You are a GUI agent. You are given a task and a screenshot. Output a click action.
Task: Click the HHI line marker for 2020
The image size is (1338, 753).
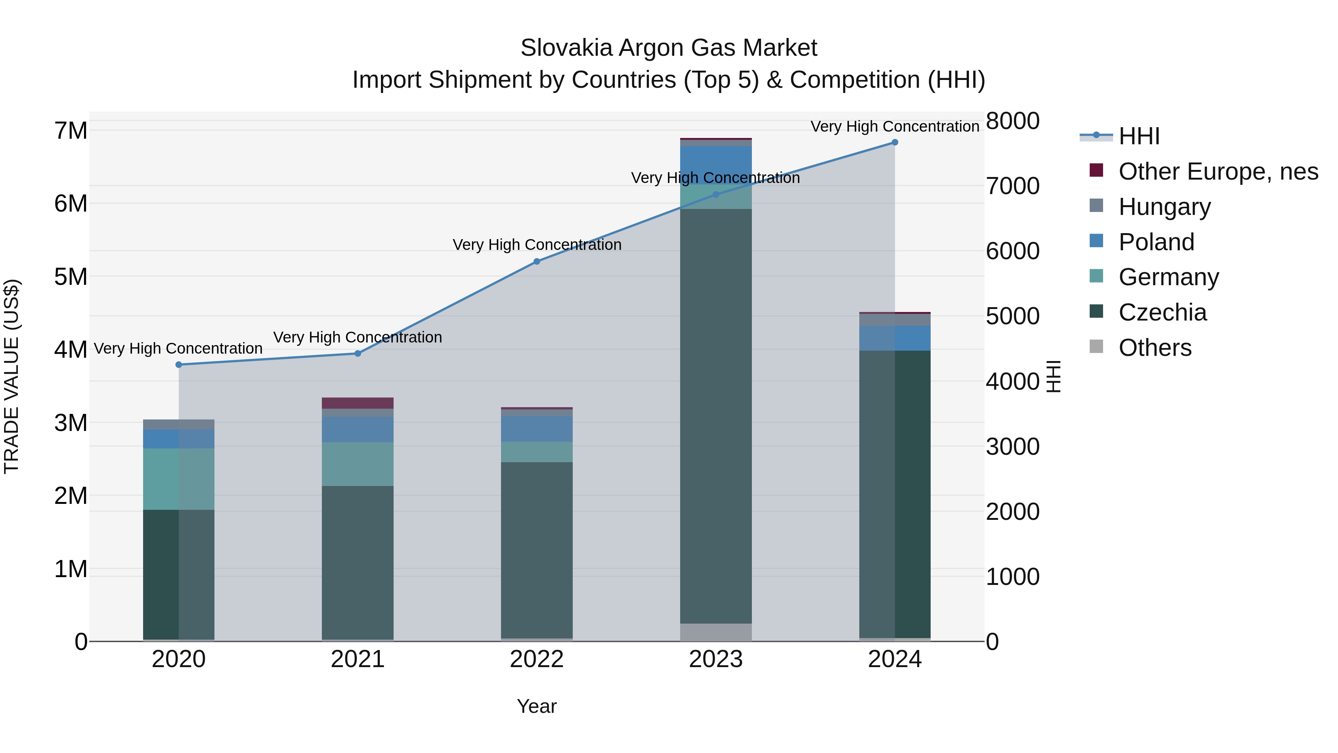(x=179, y=365)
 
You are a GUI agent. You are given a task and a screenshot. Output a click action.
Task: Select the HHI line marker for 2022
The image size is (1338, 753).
(x=537, y=261)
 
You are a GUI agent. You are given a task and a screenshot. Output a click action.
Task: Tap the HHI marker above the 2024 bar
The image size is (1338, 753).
(x=895, y=142)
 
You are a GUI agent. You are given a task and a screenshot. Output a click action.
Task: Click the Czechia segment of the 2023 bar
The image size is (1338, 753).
(x=716, y=416)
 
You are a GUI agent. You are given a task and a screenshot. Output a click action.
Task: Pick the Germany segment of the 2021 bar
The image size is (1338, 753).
(x=357, y=464)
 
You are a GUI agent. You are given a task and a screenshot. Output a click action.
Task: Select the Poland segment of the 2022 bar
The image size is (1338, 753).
(x=537, y=429)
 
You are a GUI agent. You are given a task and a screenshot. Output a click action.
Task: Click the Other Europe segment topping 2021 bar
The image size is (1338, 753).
(x=357, y=403)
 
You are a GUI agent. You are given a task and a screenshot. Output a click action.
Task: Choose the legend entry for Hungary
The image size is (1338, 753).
(x=1164, y=207)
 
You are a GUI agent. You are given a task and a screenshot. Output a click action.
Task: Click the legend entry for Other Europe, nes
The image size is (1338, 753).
(x=1218, y=171)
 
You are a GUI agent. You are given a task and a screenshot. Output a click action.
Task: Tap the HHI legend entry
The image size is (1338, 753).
(x=1138, y=136)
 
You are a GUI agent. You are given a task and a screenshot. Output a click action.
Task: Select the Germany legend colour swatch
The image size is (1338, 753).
(x=1096, y=276)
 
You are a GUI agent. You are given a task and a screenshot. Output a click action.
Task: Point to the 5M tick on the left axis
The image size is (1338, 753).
(x=71, y=276)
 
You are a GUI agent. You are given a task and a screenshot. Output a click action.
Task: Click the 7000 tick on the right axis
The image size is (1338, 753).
(x=1012, y=186)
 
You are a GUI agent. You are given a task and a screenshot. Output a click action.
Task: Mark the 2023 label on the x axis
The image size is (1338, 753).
(x=716, y=659)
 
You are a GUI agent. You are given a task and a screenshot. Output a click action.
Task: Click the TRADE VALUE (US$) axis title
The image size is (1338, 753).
(x=12, y=376)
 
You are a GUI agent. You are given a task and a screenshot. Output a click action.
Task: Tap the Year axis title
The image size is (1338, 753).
(x=537, y=706)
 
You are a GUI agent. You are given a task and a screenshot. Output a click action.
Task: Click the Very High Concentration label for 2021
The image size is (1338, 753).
(x=357, y=337)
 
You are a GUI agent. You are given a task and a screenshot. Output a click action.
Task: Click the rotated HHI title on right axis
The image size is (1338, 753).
(x=1053, y=376)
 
